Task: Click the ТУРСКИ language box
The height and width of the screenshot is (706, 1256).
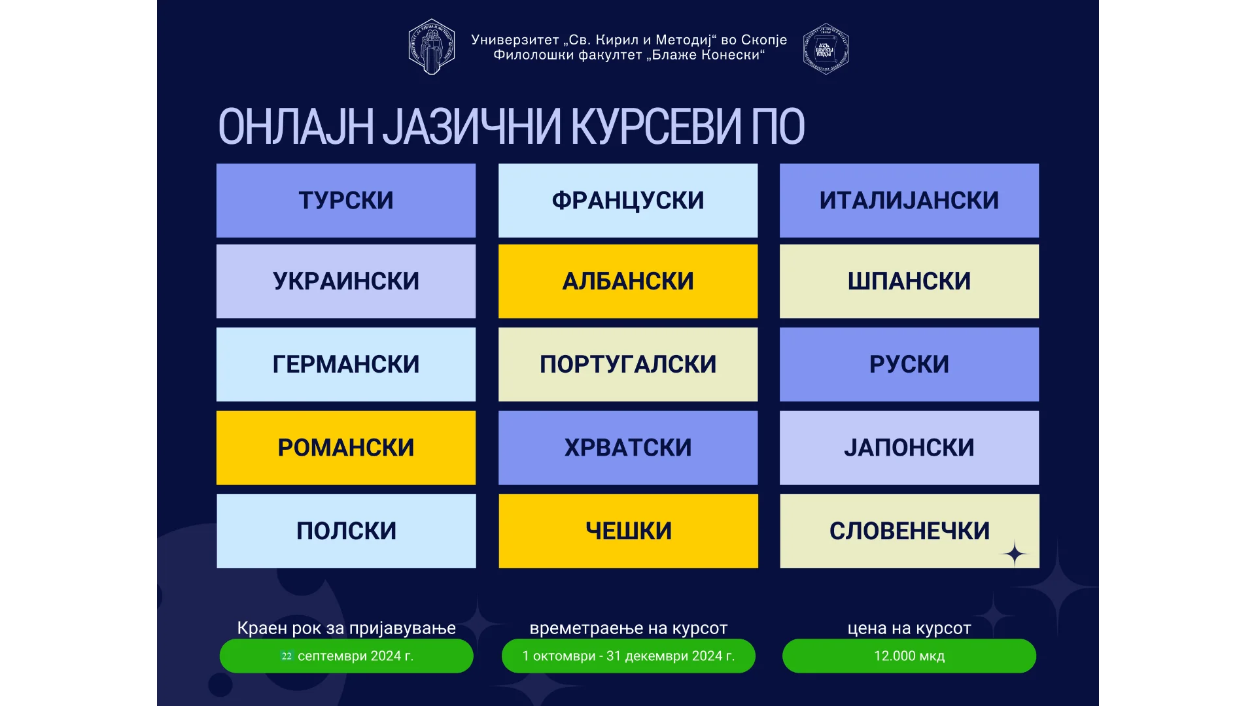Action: coord(346,201)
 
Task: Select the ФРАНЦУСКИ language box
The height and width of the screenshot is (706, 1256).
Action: coord(628,201)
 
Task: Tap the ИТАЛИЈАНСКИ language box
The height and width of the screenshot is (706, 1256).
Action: coord(909,201)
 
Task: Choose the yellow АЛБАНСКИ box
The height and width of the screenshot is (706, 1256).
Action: coord(628,281)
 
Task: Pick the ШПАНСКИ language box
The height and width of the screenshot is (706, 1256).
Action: coord(909,281)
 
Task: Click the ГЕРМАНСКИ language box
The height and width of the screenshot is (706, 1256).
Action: coord(346,364)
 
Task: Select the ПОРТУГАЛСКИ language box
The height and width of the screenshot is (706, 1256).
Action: coord(628,364)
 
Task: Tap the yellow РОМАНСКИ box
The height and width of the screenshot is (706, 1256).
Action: coord(346,448)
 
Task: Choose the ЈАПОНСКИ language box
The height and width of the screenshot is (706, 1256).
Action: coord(909,448)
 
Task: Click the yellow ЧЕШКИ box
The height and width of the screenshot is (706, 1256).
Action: coord(628,531)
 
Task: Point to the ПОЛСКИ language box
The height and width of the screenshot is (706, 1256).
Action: coord(346,531)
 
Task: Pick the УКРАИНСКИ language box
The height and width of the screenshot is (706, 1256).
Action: coord(346,281)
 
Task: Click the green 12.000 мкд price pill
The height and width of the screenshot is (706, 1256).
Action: coord(909,656)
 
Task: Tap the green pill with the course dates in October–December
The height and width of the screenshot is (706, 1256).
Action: coord(628,656)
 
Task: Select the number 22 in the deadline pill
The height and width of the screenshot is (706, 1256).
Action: coord(287,656)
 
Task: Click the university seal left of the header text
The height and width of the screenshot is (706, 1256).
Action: coord(432,46)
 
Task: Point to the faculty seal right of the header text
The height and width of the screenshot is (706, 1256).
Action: coord(826,48)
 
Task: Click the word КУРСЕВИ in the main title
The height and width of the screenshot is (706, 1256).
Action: coord(656,126)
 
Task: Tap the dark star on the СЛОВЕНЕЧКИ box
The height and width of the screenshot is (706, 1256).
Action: coord(1015,554)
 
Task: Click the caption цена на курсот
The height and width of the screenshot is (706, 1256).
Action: coord(909,628)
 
